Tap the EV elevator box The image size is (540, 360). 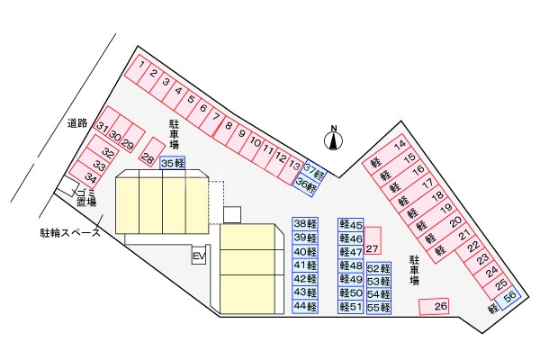pyautogui.click(x=199, y=257)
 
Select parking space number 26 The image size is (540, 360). pyautogui.click(x=436, y=307)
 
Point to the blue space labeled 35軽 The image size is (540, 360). pyautogui.click(x=173, y=163)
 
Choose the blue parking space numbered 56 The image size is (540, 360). pyautogui.click(x=509, y=297)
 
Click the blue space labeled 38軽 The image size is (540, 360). pyautogui.click(x=305, y=224)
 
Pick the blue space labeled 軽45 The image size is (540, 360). pyautogui.click(x=351, y=224)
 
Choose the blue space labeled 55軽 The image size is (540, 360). pyautogui.click(x=379, y=307)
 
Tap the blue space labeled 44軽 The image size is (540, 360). pyautogui.click(x=305, y=307)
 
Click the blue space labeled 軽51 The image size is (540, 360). pyautogui.click(x=351, y=307)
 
